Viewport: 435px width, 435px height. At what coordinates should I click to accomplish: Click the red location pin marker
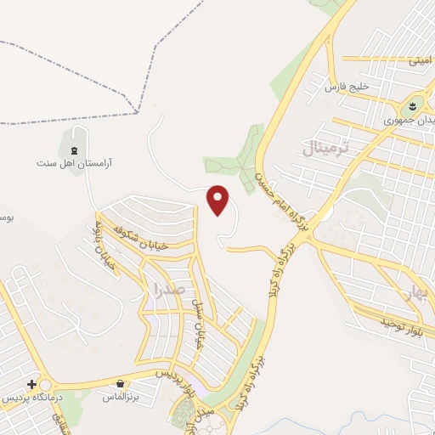click(218, 200)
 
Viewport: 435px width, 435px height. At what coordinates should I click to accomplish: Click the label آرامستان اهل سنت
click(76, 162)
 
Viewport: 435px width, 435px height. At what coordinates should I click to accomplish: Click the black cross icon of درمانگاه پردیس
click(31, 385)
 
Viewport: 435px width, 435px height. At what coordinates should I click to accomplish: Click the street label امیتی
click(420, 59)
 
